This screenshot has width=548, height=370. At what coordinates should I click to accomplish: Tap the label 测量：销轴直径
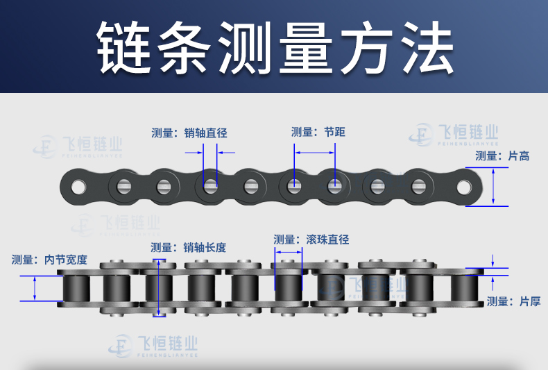[189, 133]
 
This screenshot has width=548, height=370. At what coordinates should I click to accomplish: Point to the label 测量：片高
[502, 156]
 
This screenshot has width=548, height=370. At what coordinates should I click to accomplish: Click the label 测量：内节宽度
[49, 260]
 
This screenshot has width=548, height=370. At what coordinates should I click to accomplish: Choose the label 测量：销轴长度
[189, 247]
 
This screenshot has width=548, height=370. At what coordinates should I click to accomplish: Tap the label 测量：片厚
[513, 301]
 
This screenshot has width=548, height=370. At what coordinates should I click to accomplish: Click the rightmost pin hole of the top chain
[463, 186]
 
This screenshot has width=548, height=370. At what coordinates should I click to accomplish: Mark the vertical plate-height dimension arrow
[494, 186]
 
